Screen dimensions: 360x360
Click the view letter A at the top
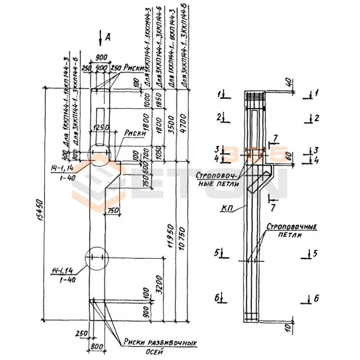pyautogui.click(x=108, y=38)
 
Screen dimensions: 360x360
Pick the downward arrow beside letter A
pyautogui.click(x=100, y=39)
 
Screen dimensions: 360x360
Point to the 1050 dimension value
pyautogui.click(x=158, y=153)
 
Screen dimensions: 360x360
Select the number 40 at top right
pyautogui.click(x=288, y=82)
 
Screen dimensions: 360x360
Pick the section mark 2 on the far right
pyautogui.click(x=316, y=118)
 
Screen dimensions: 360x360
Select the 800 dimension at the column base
pyautogui.click(x=97, y=347)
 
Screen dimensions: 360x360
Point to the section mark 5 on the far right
pyautogui.click(x=315, y=253)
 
